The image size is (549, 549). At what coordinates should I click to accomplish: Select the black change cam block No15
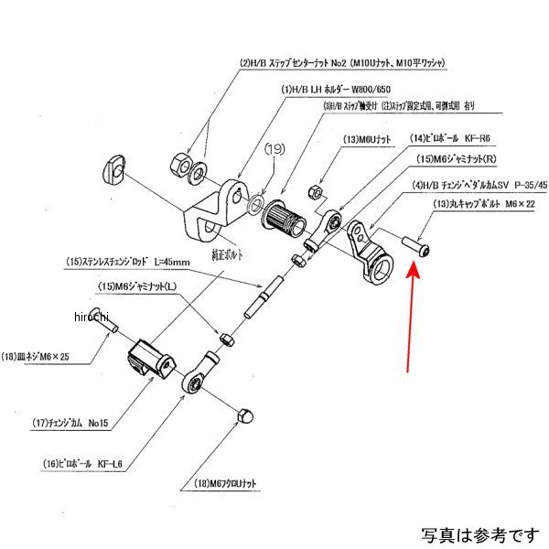pyautogui.click(x=149, y=357)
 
